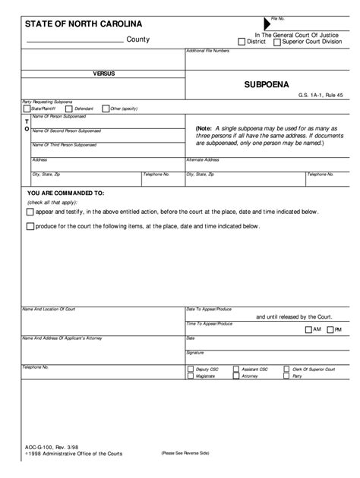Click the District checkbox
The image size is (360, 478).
(242, 42)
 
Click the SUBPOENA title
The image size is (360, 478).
(261, 85)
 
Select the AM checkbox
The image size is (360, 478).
(308, 329)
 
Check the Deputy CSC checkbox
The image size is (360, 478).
(190, 370)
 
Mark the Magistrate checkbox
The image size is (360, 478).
(190, 376)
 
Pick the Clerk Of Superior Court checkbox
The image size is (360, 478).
(286, 370)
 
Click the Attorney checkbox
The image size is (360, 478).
(237, 376)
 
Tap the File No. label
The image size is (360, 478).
(278, 17)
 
